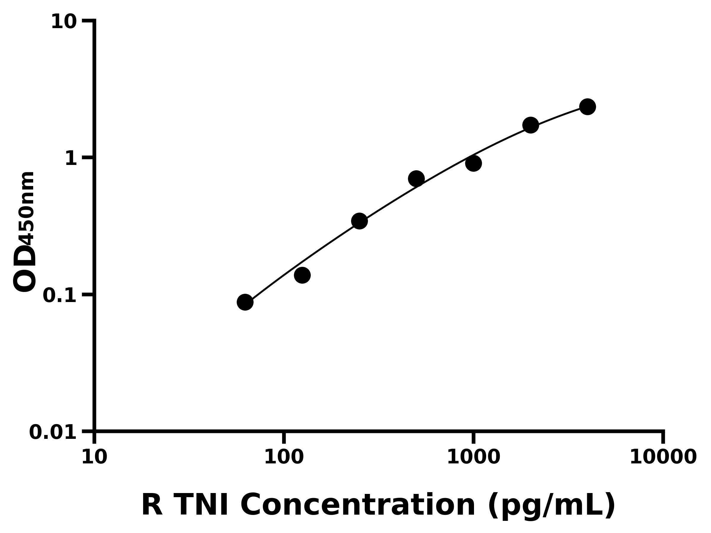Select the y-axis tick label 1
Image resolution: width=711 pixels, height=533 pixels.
[71, 159]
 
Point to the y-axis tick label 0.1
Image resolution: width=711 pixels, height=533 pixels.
[60, 296]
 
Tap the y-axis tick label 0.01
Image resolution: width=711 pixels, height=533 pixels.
[53, 432]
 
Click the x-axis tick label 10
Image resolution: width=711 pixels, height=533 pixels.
[94, 457]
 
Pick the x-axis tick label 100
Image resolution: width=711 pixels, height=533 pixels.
[284, 457]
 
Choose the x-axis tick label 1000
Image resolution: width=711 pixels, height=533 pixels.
[473, 457]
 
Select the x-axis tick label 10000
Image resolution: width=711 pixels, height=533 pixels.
[663, 457]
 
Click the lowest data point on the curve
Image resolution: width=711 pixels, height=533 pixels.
[245, 302]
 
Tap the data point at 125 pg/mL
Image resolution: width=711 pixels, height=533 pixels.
[302, 275]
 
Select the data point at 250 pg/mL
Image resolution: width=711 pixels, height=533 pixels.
[359, 221]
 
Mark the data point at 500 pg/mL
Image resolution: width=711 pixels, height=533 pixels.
[416, 179]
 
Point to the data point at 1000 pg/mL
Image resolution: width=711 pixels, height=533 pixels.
[473, 163]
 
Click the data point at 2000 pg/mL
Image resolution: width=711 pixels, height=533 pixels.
[531, 125]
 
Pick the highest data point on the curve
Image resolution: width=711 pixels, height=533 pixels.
[587, 107]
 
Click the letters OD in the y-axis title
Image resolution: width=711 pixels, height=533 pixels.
[25, 269]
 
